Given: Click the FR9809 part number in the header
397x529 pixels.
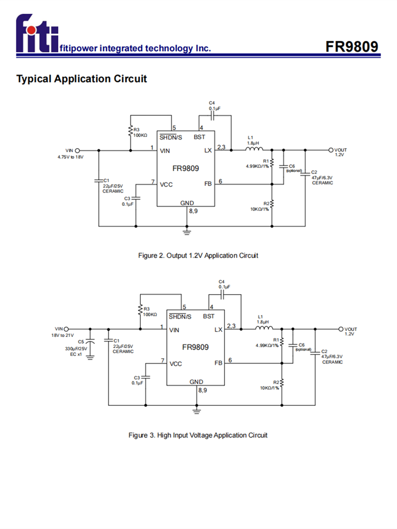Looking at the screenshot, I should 352,47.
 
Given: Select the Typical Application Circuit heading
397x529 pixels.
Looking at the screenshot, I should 82,79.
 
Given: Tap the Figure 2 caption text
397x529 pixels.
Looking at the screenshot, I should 198,256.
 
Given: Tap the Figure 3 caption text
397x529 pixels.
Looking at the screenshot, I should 198,435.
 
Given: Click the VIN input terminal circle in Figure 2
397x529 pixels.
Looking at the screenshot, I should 78,150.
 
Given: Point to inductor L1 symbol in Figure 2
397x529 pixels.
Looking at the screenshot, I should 254,150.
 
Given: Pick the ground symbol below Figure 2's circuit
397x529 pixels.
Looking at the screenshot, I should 186,231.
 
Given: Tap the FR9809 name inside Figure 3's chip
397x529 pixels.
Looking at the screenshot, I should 195,348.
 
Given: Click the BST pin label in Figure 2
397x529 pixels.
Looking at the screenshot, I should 200,137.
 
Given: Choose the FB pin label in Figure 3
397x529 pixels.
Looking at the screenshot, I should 218,363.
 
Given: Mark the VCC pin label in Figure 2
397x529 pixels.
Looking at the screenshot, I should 167,184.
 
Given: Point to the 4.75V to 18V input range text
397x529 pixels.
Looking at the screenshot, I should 70,157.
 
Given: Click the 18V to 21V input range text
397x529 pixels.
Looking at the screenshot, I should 62,335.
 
